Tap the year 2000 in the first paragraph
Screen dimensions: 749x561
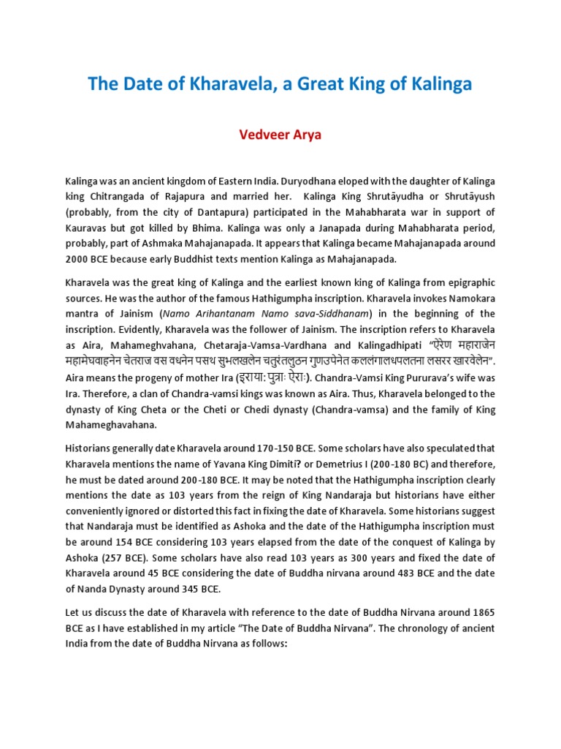(77, 260)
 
